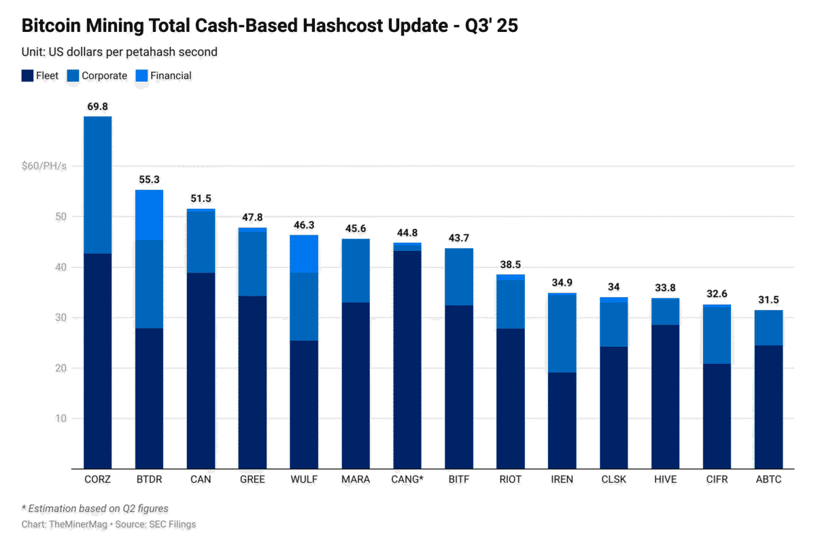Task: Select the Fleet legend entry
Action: (x=40, y=75)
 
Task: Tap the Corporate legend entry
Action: (x=98, y=75)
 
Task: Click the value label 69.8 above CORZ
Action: (x=97, y=107)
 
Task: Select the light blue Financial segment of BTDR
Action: (x=149, y=215)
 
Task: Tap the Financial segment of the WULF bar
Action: (x=304, y=254)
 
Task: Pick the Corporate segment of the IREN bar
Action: (x=562, y=333)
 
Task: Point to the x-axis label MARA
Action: (x=356, y=479)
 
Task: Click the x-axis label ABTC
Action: (x=768, y=479)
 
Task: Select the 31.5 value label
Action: (x=768, y=301)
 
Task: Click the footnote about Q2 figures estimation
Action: (x=95, y=509)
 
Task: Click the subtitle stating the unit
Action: (x=120, y=52)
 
